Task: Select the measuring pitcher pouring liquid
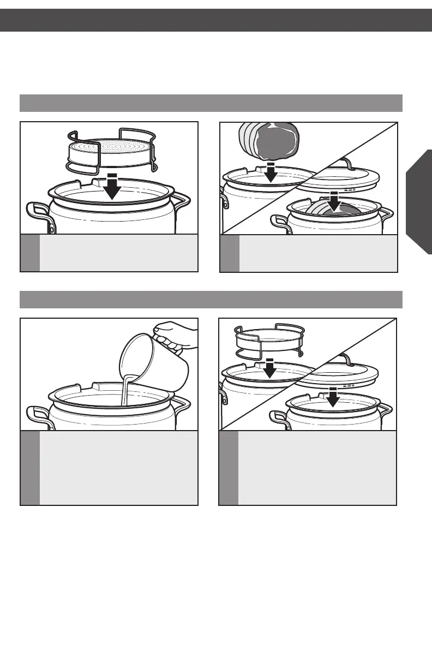[154, 361]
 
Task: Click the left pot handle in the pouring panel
[38, 417]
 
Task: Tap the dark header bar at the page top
[216, 20]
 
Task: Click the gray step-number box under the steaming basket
[30, 253]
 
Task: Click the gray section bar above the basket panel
[211, 103]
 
